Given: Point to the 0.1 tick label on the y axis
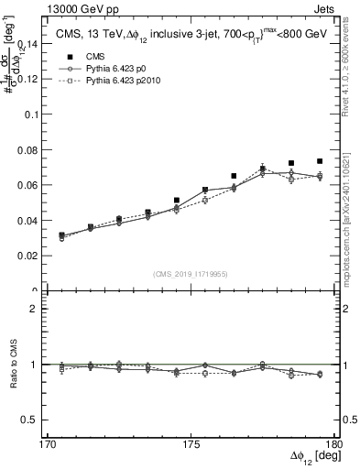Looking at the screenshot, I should click(34, 115).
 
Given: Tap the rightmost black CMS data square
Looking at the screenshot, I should click(320, 161).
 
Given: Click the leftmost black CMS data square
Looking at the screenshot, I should click(61, 235).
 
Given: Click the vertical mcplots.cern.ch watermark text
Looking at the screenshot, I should click(350, 220).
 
